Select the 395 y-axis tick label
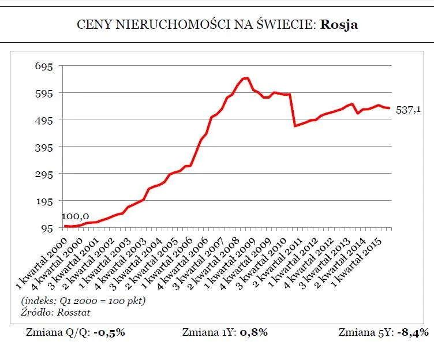pyautogui.click(x=44, y=147)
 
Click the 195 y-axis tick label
pyautogui.click(x=44, y=201)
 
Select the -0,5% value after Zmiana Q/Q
pyautogui.click(x=110, y=332)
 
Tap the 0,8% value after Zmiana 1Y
pyautogui.click(x=252, y=332)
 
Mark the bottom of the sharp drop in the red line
pyautogui.click(x=295, y=126)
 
